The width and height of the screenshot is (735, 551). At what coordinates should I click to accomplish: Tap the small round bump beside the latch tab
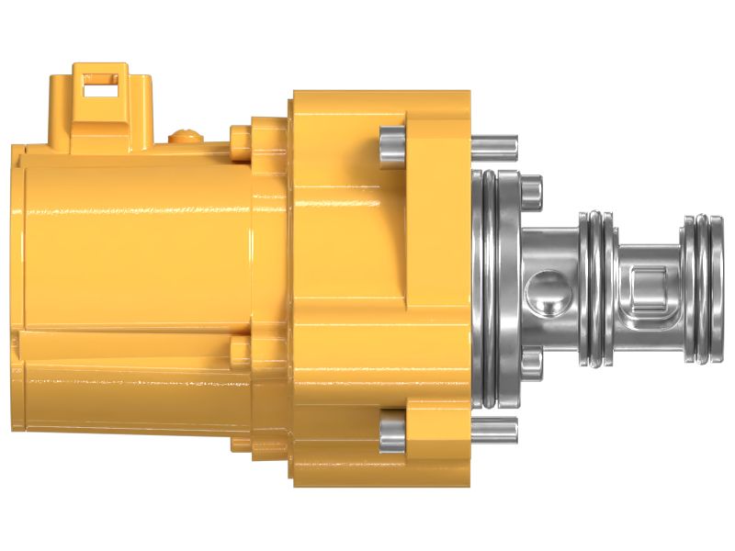coord(187,137)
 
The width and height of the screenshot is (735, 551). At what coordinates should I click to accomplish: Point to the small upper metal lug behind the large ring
coord(531,189)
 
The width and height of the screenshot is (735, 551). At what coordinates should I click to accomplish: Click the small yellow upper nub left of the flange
coord(240,138)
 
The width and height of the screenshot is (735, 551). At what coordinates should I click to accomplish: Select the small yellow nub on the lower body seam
coord(240,348)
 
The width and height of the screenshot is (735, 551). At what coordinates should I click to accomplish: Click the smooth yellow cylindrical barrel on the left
coord(138,248)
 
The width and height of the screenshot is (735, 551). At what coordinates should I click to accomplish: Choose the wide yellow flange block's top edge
coord(381,95)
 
